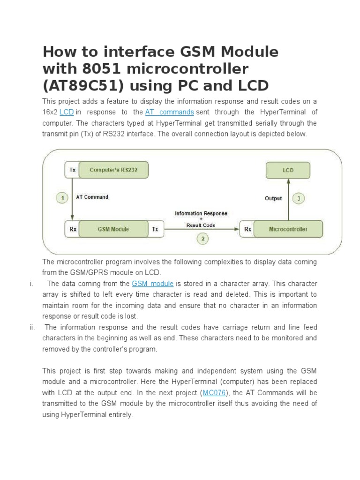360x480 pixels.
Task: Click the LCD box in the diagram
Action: click(288, 170)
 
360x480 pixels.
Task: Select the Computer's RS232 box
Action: click(113, 170)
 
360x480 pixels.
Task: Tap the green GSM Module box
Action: click(113, 229)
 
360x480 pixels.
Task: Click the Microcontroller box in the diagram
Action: click(288, 229)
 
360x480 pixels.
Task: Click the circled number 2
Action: click(202, 239)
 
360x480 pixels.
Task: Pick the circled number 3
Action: click(299, 199)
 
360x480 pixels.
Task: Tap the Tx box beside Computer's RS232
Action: click(72, 170)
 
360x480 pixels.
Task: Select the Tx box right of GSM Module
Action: click(156, 229)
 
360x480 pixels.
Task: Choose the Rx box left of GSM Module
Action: click(72, 229)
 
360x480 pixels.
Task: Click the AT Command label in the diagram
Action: click(92, 197)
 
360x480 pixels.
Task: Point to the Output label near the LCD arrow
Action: click(273, 199)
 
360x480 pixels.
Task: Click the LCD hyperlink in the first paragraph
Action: click(67, 112)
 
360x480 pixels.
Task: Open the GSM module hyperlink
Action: click(153, 284)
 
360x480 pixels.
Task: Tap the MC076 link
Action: click(214, 393)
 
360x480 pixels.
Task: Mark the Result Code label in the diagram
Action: click(201, 225)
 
